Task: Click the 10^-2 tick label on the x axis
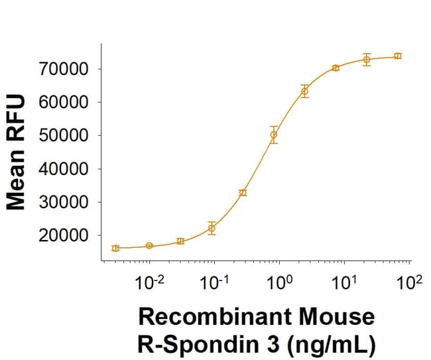(x=149, y=284)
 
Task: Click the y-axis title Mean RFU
(x=16, y=152)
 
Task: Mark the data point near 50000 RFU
(x=273, y=135)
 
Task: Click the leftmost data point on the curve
(x=115, y=248)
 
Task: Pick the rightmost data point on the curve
(x=397, y=56)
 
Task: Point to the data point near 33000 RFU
(x=243, y=192)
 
